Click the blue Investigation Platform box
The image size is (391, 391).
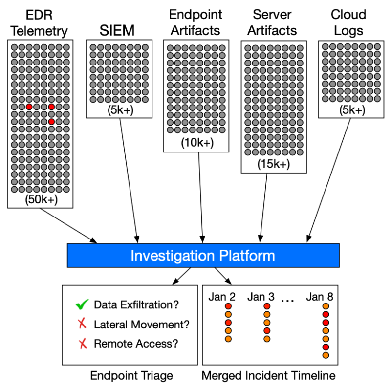[x=203, y=256]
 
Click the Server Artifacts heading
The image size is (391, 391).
[x=272, y=22]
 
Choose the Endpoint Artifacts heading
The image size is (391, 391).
[x=195, y=22]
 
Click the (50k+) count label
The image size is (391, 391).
[x=40, y=199]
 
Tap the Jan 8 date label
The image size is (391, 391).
[x=320, y=297]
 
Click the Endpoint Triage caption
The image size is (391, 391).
[x=131, y=376]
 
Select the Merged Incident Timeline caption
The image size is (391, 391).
[x=268, y=376]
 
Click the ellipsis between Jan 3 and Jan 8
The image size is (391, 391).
[x=288, y=299]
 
